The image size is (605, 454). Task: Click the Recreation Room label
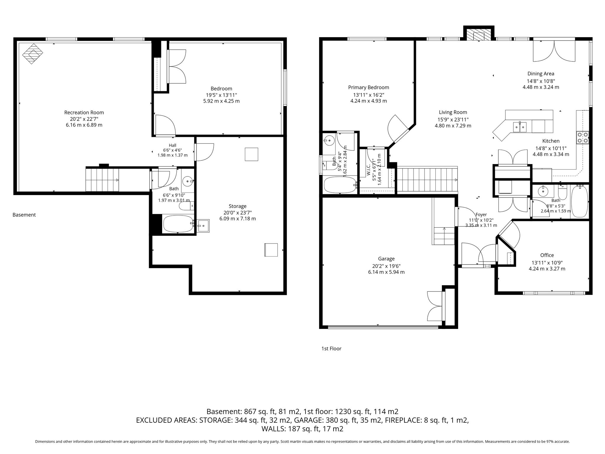pyautogui.click(x=84, y=113)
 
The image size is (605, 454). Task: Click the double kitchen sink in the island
pyautogui.click(x=520, y=127)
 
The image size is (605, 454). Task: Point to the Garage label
pyautogui.click(x=386, y=259)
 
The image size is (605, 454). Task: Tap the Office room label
pyautogui.click(x=547, y=255)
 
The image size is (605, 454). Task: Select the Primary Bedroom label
pyautogui.click(x=369, y=87)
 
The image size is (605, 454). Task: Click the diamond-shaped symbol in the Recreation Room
pyautogui.click(x=33, y=54)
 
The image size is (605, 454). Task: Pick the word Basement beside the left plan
pyautogui.click(x=24, y=215)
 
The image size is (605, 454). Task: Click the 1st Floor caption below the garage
pyautogui.click(x=331, y=349)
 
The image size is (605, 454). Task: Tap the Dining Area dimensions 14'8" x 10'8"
pyautogui.click(x=541, y=81)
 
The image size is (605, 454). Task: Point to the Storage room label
pyautogui.click(x=238, y=206)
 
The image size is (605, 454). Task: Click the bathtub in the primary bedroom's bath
pyautogui.click(x=340, y=185)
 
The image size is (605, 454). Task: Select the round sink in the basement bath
pyautogui.click(x=187, y=181)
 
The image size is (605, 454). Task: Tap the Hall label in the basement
pyautogui.click(x=173, y=145)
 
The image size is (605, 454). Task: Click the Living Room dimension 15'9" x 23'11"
pyautogui.click(x=453, y=120)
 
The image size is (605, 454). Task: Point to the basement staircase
pyautogui.click(x=102, y=179)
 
